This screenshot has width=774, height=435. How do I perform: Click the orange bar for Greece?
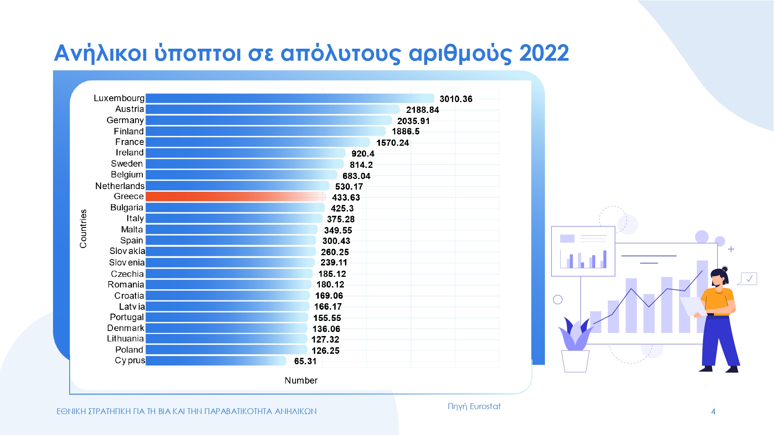pos(236,196)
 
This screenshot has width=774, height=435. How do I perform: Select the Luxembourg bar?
pos(290,98)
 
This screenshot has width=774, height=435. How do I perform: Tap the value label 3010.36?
pos(456,99)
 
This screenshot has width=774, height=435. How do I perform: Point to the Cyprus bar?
pos(216,361)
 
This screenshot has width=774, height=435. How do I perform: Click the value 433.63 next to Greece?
pos(346,198)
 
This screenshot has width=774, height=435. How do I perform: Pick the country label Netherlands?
pos(120,186)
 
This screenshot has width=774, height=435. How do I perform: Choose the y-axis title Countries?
pos(83,229)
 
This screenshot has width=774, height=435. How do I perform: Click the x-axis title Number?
pos(301,380)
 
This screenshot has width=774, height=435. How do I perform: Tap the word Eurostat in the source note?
pos(485,406)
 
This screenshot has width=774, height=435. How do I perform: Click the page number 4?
pos(713,412)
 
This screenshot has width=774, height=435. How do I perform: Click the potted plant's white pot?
pos(575,361)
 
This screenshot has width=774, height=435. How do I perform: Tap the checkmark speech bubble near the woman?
pos(748,279)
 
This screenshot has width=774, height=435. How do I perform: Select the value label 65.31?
pos(305,362)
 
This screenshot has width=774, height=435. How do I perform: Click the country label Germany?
pos(125,120)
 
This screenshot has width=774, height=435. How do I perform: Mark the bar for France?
pos(258,142)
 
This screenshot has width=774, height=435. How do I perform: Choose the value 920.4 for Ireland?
pos(363,154)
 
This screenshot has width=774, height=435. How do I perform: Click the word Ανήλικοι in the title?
pos(101,53)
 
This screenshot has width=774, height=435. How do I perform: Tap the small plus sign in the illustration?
pos(731,249)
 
